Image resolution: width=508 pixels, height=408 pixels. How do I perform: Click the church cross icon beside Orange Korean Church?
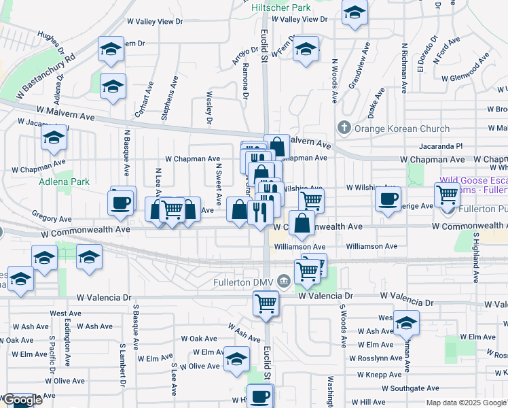click(x=344, y=128)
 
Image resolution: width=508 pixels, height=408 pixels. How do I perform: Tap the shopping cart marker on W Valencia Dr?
click(x=266, y=303)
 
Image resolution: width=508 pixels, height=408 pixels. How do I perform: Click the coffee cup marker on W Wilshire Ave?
click(x=388, y=199)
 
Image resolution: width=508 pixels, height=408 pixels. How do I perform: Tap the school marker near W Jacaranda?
click(x=54, y=137)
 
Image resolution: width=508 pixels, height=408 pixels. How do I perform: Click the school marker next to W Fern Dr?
click(x=306, y=49)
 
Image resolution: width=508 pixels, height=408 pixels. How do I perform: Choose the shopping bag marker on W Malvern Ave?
click(x=277, y=146)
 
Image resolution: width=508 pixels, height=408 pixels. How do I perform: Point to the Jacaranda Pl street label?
click(x=441, y=146)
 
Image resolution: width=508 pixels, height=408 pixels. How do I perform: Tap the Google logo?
click(x=22, y=401)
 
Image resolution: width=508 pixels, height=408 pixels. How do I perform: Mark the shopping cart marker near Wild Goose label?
click(x=448, y=194)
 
